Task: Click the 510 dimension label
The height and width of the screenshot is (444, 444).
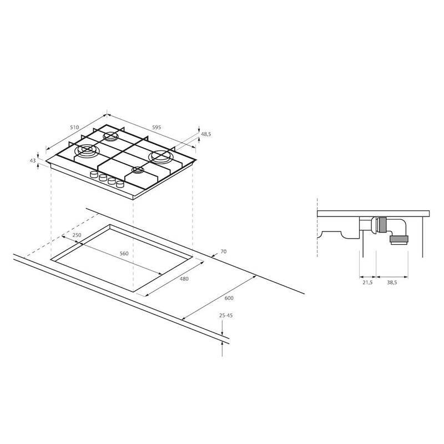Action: (x=74, y=128)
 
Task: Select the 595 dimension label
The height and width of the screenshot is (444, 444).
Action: (x=157, y=128)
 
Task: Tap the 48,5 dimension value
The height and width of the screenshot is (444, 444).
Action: (x=206, y=134)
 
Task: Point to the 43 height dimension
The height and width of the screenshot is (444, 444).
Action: (x=33, y=160)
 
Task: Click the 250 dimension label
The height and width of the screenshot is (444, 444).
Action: (x=77, y=235)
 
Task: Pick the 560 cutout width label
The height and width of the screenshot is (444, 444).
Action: (x=124, y=254)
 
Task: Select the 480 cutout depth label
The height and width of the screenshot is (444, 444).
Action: (x=184, y=279)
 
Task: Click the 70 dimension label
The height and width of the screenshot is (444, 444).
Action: (x=224, y=251)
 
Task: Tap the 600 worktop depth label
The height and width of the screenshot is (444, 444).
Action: (x=229, y=298)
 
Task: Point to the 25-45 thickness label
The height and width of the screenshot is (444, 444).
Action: (x=226, y=315)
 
